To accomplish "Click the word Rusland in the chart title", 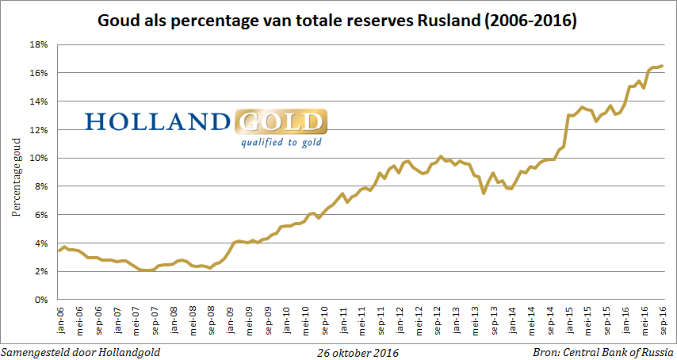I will tap(438, 20).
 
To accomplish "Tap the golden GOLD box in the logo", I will tap(281, 121).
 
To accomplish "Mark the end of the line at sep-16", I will tap(663, 66).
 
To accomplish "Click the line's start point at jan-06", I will tap(59, 251).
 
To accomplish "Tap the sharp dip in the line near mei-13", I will tap(484, 193).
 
